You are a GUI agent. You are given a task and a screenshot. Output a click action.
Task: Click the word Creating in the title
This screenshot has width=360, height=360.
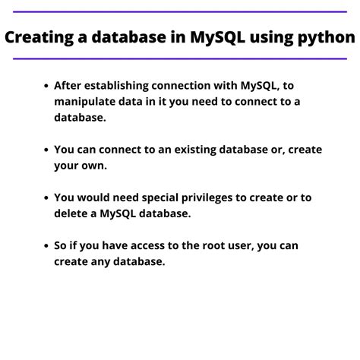(43, 37)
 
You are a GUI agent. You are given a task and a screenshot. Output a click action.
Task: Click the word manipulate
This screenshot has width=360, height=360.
(87, 103)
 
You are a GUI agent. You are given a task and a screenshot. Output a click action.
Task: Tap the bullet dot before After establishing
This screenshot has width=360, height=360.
(47, 86)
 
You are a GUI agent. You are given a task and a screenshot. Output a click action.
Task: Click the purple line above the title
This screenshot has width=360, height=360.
(179, 12)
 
